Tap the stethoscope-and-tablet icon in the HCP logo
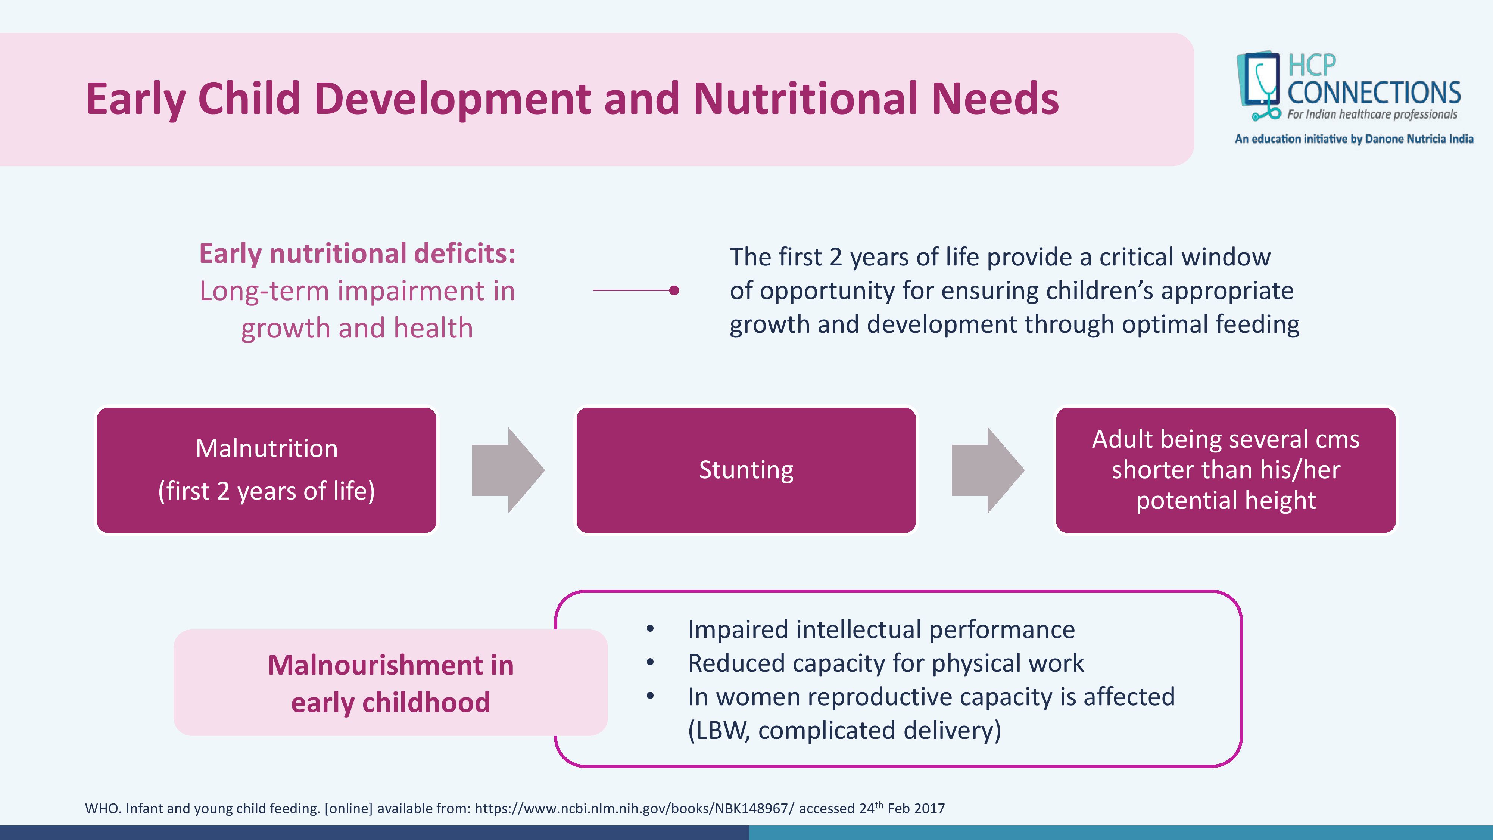[1259, 86]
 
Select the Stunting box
[746, 470]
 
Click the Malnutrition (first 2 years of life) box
[267, 470]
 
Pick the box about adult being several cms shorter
[1226, 470]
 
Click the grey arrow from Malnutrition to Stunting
[508, 470]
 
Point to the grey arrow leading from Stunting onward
[988, 470]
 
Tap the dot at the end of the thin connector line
[674, 290]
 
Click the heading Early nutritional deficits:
[357, 254]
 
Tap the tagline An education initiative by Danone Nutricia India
[1354, 139]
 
